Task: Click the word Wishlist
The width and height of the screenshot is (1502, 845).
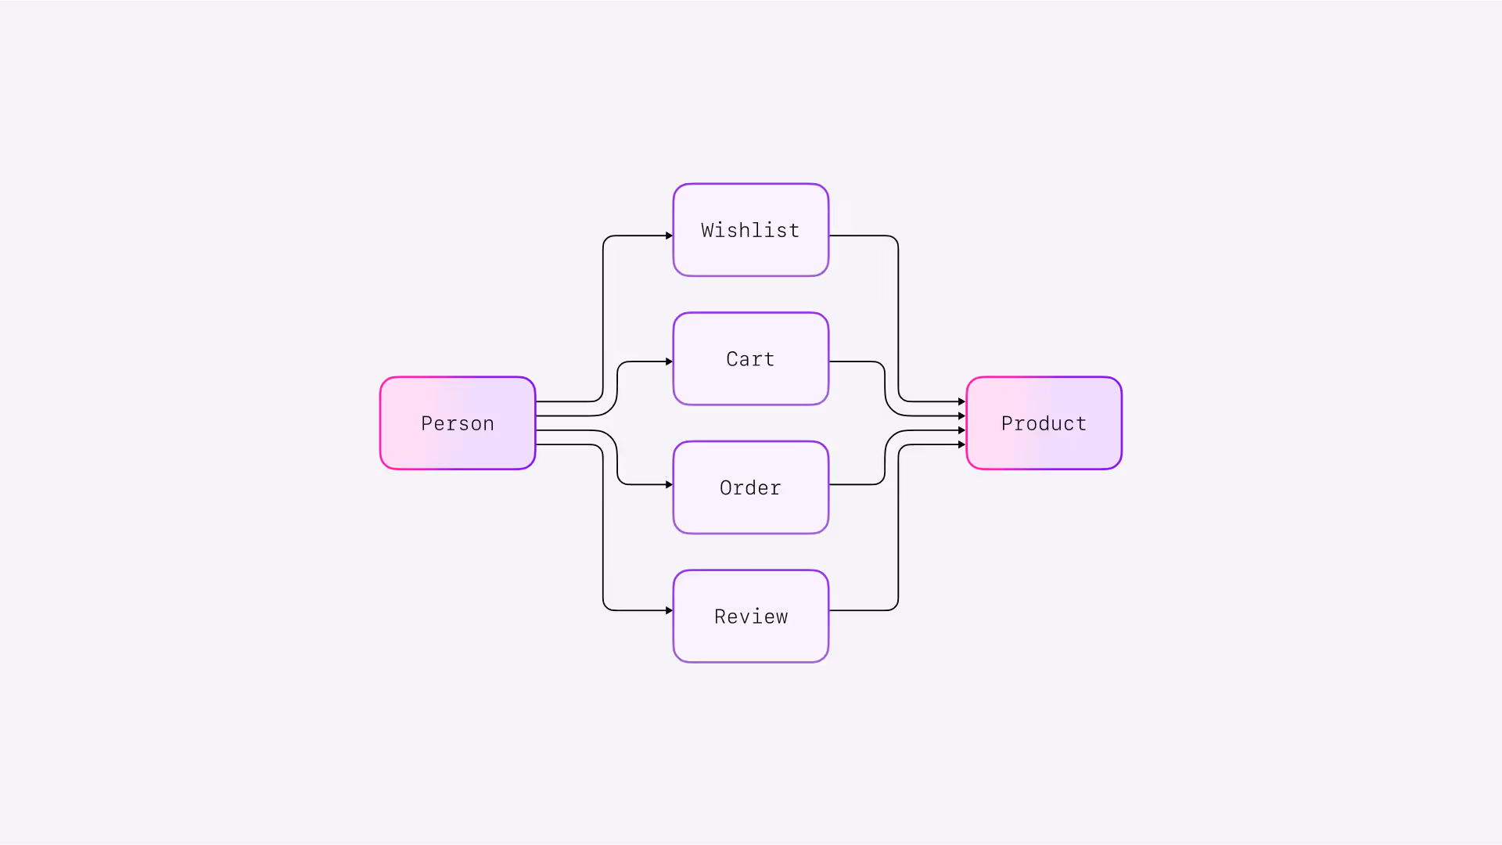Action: click(750, 231)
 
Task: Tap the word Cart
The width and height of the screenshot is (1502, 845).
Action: click(750, 359)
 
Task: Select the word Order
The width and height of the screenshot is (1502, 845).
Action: click(750, 488)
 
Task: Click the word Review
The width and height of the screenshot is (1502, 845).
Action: click(750, 617)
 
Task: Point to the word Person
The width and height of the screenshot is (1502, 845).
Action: click(458, 423)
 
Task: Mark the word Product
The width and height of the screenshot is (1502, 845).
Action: click(1044, 423)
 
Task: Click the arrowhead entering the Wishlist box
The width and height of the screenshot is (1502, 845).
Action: click(669, 236)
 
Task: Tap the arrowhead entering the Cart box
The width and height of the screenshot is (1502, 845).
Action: click(669, 361)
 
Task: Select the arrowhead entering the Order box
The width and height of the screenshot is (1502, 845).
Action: click(669, 484)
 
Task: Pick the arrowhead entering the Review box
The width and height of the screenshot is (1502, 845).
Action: click(669, 610)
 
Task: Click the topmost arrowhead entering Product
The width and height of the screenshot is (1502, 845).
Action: click(961, 401)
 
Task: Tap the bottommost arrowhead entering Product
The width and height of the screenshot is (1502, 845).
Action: click(961, 444)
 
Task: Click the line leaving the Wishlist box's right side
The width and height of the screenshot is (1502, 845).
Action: click(861, 236)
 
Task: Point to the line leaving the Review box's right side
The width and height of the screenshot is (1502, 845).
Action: click(861, 610)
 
